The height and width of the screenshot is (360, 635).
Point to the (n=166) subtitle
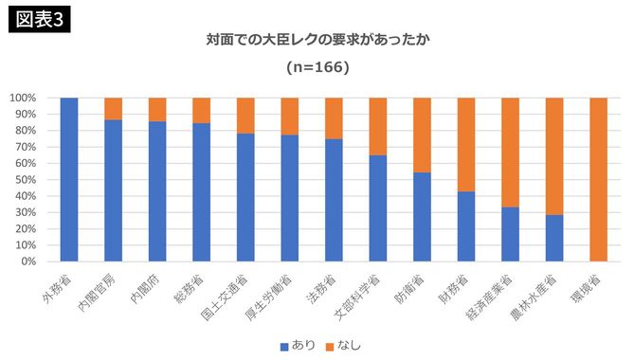pos(317,68)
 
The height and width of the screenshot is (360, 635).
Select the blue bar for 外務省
pos(68,179)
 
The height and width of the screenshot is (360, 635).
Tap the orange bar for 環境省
pos(598,179)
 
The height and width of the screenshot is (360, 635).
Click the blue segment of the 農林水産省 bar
pos(554,238)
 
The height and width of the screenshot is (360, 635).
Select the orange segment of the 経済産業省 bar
pos(510,152)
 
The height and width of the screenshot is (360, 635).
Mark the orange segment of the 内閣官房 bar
pos(113,108)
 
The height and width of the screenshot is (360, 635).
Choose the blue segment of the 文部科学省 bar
pos(378,207)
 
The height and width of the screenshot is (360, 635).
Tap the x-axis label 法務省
pos(327,288)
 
